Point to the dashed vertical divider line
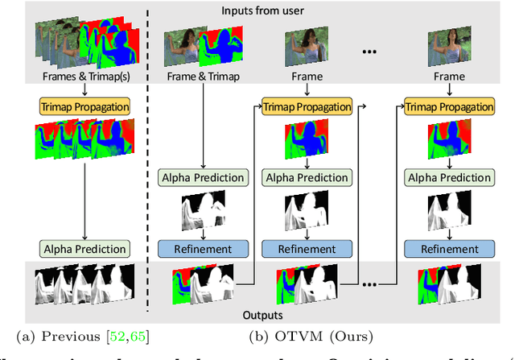coord(147,161)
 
